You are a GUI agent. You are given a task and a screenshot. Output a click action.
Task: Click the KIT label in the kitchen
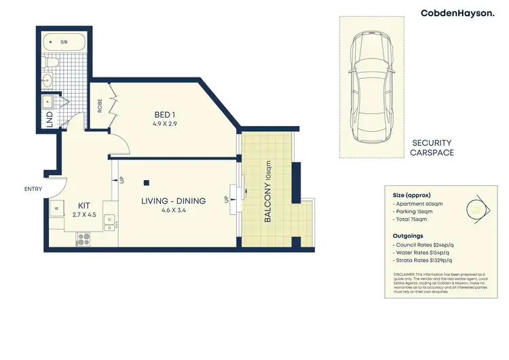click(84, 205)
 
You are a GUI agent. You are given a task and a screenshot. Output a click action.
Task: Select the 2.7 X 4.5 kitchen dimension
click(84, 215)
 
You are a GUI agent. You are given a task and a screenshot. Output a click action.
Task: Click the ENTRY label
click(32, 190)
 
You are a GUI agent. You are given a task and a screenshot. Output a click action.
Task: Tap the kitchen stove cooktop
click(84, 238)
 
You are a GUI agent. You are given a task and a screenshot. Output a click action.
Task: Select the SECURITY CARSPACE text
click(432, 148)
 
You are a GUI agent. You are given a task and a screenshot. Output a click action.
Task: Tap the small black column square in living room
click(147, 182)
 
